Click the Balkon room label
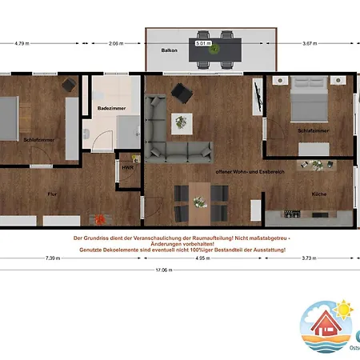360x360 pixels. tap(169, 50)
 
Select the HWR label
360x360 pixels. tap(126, 168)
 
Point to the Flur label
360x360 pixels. tap(52, 194)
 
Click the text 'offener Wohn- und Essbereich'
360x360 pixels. tap(240, 172)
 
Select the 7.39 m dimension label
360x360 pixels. tap(52, 258)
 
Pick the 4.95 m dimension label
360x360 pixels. tap(200, 258)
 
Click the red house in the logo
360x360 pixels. tap(329, 325)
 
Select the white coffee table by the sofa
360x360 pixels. tap(182, 122)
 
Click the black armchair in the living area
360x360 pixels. tap(182, 94)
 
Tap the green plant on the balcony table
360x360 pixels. tap(214, 50)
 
